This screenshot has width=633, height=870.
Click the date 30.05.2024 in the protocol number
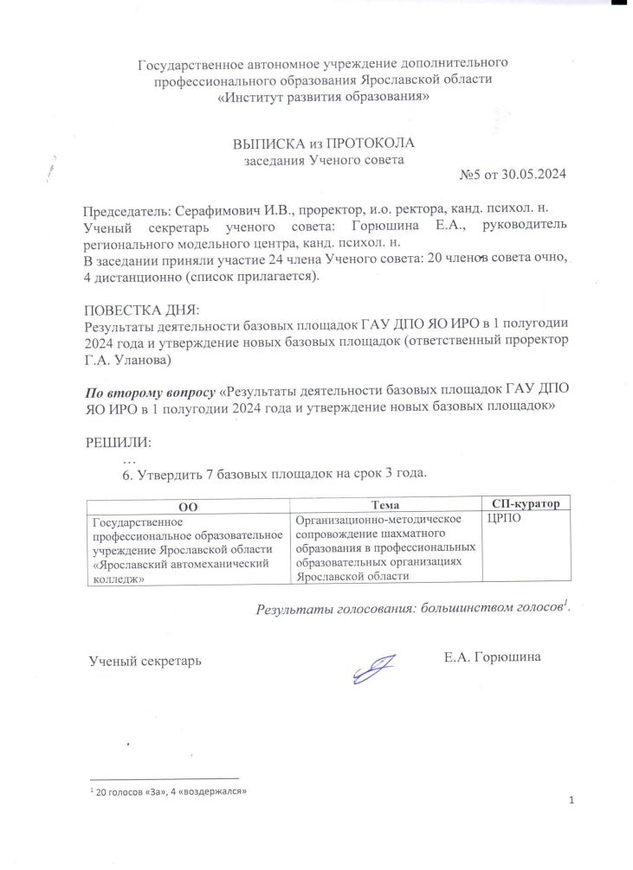[532, 175]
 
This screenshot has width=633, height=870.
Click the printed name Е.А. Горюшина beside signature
[492, 658]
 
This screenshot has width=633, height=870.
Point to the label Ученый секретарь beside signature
[145, 661]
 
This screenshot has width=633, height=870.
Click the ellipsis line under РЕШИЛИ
[131, 457]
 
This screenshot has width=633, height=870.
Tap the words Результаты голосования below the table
[330, 608]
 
